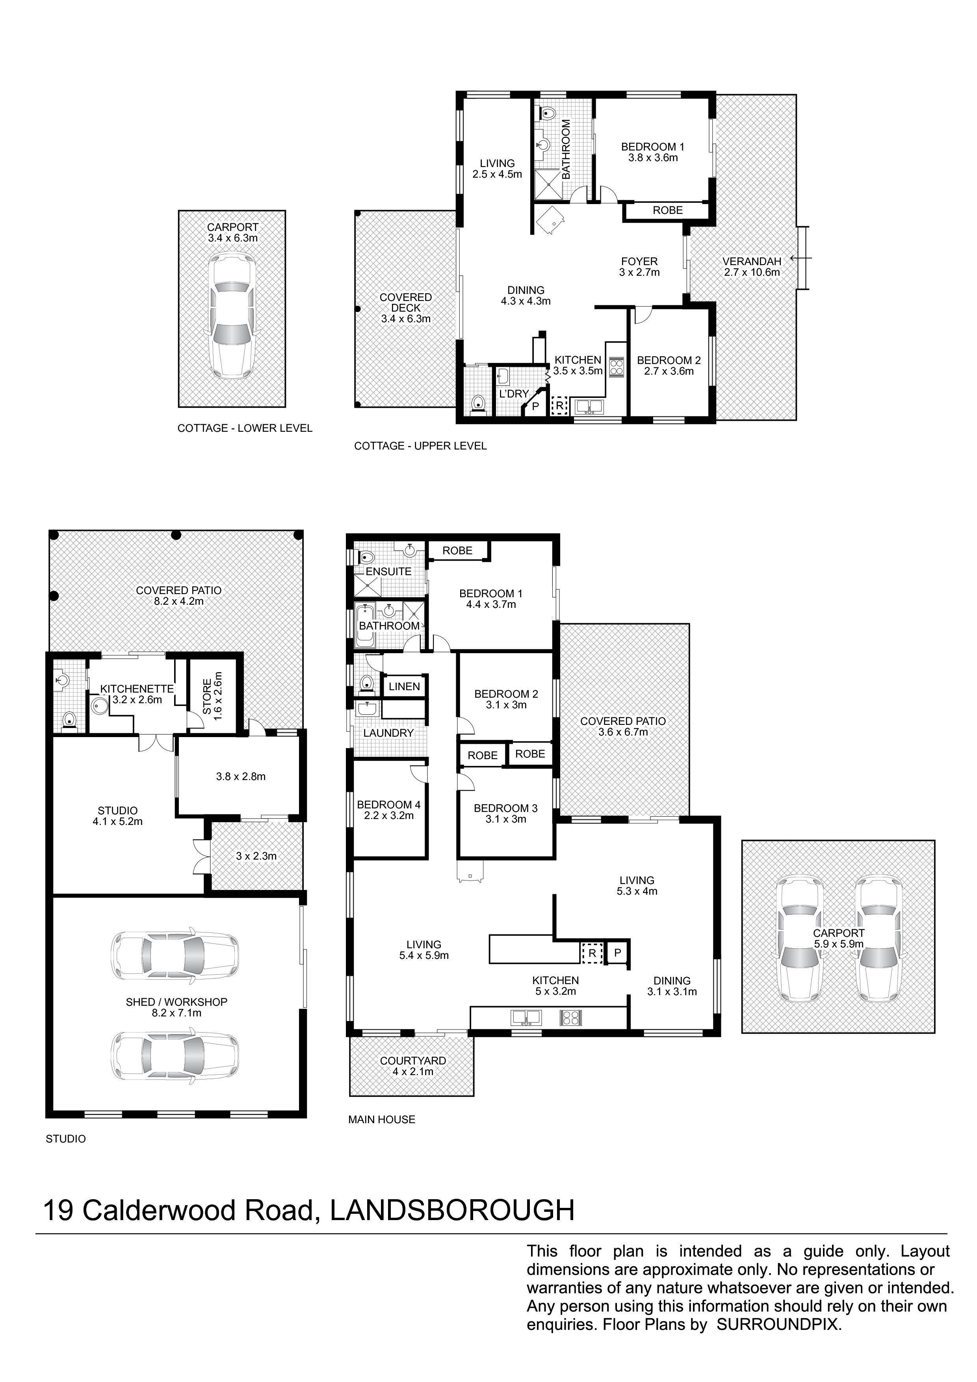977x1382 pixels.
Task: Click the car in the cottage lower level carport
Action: (232, 315)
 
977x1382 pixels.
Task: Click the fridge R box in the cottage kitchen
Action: (560, 406)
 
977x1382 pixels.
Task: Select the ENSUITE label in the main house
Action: (389, 571)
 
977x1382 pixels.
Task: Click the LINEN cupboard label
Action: (404, 686)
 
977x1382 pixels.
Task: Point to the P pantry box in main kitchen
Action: (617, 953)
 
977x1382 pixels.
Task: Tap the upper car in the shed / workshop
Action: (175, 953)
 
